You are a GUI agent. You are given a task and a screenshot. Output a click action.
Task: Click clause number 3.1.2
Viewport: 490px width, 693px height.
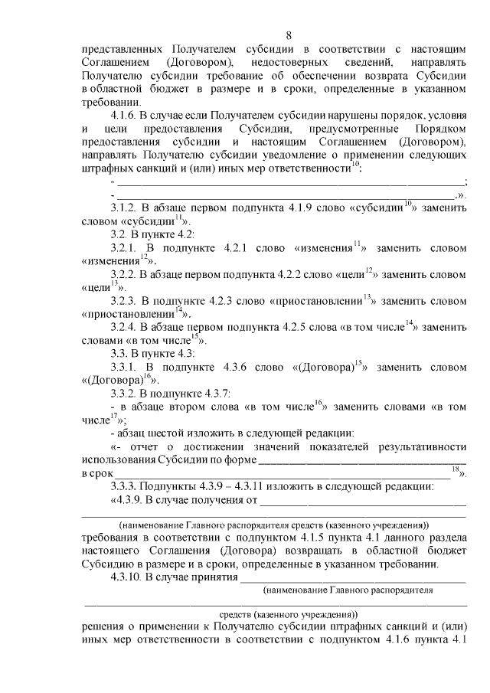[126, 208]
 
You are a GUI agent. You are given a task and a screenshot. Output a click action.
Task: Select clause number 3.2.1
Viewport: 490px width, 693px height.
[126, 247]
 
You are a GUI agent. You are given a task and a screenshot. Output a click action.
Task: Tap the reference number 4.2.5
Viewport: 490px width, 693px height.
[313, 327]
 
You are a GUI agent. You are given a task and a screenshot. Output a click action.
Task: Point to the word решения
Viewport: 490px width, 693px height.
[103, 626]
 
